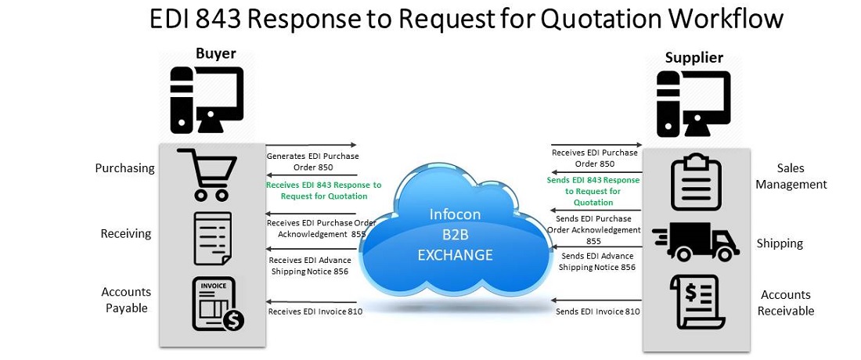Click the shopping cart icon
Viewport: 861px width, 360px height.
tap(207, 174)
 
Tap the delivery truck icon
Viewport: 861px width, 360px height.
tap(695, 241)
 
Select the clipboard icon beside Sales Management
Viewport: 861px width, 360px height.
tap(696, 182)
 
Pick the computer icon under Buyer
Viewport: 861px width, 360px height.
tap(207, 99)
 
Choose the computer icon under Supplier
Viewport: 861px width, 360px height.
tap(693, 103)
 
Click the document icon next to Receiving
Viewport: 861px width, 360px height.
tap(212, 238)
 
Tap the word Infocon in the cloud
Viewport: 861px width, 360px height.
tap(454, 214)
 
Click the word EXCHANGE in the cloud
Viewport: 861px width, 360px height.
tap(455, 255)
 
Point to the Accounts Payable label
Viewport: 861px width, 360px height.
tap(126, 300)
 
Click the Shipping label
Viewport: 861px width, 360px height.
tap(780, 243)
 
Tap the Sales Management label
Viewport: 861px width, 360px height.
tap(791, 176)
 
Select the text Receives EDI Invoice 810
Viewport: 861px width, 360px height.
tap(315, 311)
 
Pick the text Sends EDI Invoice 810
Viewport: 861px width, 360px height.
tap(598, 311)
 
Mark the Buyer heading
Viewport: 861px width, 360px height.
tap(215, 53)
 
